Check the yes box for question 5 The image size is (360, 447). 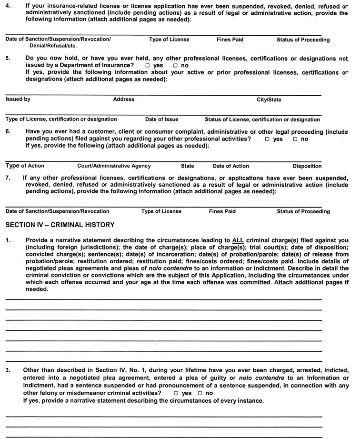(x=148, y=65)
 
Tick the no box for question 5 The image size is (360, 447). (x=176, y=65)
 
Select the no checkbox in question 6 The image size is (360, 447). (x=295, y=139)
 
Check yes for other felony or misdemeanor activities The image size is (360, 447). (x=176, y=393)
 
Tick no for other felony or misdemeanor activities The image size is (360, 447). (x=200, y=393)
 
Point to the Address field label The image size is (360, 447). (x=124, y=99)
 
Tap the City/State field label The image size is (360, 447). (x=269, y=100)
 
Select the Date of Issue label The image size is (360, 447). (x=161, y=119)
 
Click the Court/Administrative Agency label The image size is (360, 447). (x=114, y=166)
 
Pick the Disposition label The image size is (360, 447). (x=307, y=166)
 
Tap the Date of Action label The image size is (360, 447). (x=230, y=166)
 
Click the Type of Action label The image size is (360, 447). (x=25, y=166)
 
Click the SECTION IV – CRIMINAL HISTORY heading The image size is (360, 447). (x=60, y=225)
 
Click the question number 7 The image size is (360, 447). (x=8, y=178)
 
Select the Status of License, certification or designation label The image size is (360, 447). (x=262, y=119)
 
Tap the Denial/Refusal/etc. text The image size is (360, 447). (x=53, y=46)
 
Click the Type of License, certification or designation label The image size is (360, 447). (x=61, y=119)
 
